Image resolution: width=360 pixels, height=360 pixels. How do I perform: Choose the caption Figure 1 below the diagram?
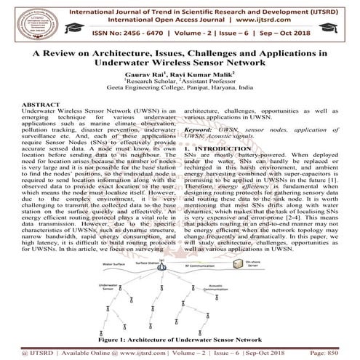point(180,338)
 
